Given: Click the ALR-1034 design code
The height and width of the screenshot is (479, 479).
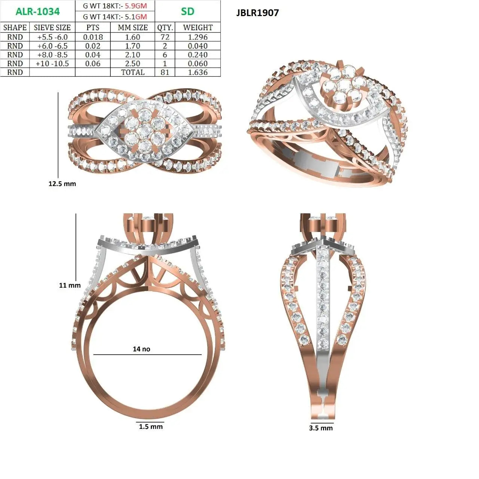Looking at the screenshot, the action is [37, 12].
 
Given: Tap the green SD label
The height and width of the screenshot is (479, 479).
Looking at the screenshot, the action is [187, 12].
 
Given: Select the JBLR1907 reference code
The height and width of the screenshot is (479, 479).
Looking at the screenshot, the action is [257, 13].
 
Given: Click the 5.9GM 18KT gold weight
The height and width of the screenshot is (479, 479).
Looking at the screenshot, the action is [136, 6].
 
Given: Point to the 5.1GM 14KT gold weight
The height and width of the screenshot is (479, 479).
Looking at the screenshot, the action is [136, 17].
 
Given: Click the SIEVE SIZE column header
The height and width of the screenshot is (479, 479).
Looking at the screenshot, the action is [52, 27].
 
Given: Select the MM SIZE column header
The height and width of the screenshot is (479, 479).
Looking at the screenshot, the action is [133, 27].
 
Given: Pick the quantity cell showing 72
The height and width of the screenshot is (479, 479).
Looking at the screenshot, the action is [165, 37].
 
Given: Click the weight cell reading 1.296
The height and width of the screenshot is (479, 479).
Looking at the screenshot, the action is [198, 37].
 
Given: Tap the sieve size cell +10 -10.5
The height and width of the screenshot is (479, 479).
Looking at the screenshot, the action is [52, 64].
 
